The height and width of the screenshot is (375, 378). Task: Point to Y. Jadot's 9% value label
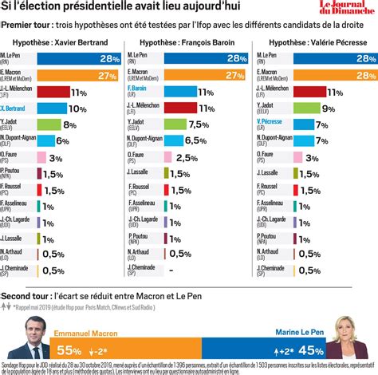pyautogui.click(x=328, y=108)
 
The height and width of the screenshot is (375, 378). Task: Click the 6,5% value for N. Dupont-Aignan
pyautogui.click(x=196, y=140)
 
